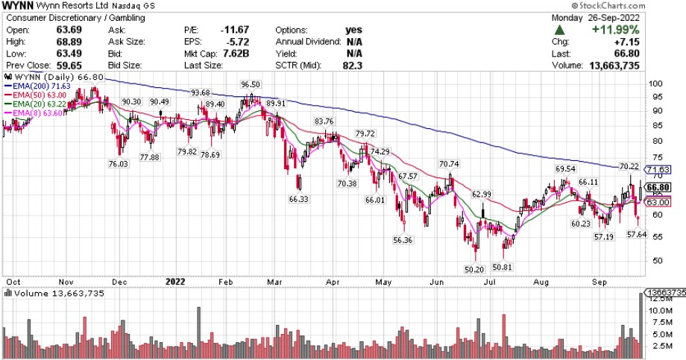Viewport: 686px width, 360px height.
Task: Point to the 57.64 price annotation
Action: [x=637, y=235]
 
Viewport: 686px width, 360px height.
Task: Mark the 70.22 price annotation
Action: [x=630, y=166]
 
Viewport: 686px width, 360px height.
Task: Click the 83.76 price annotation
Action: [x=324, y=121]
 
